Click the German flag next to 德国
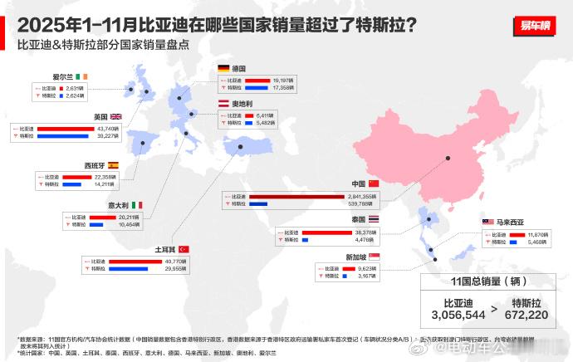(x=223, y=68)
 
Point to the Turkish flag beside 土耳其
(x=184, y=249)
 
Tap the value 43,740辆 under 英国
(x=109, y=129)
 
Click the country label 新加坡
(x=358, y=257)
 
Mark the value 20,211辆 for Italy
(x=130, y=217)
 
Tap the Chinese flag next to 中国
(x=373, y=183)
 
